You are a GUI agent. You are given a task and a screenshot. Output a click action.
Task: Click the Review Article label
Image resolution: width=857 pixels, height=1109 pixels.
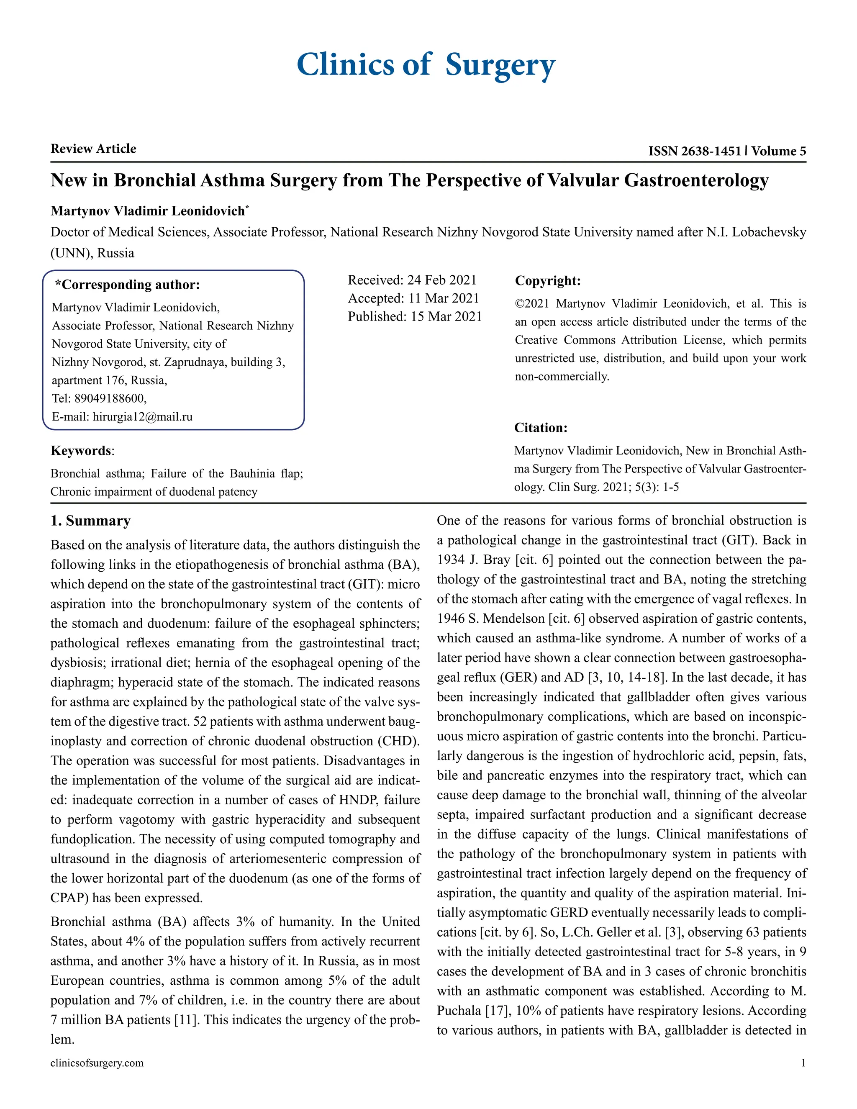pyautogui.click(x=93, y=149)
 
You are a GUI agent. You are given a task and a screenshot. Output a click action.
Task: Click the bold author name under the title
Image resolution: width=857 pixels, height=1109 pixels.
pyautogui.click(x=148, y=211)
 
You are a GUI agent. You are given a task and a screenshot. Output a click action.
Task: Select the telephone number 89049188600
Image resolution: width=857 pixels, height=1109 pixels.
pyautogui.click(x=110, y=398)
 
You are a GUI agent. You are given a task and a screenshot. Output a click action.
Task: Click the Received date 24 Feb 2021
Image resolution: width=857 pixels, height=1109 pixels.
pyautogui.click(x=442, y=280)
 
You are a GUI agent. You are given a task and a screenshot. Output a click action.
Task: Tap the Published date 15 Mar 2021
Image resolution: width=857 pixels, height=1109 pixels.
pyautogui.click(x=446, y=317)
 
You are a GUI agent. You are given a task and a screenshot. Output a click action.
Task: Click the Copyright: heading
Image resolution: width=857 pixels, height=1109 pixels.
pyautogui.click(x=547, y=281)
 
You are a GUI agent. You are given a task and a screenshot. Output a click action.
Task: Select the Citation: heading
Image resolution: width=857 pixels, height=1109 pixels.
pyautogui.click(x=541, y=428)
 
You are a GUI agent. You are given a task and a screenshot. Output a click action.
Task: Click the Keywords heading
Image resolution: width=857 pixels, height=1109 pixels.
pyautogui.click(x=81, y=451)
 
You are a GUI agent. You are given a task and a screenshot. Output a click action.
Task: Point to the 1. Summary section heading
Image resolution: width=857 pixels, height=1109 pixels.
pyautogui.click(x=90, y=521)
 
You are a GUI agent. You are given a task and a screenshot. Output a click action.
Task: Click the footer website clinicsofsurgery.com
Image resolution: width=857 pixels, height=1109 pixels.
pyautogui.click(x=97, y=1063)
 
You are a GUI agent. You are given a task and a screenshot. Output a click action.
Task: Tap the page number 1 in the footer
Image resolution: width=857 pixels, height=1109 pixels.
pyautogui.click(x=803, y=1063)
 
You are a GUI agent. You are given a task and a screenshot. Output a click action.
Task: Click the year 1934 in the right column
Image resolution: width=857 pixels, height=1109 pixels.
pyautogui.click(x=451, y=560)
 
